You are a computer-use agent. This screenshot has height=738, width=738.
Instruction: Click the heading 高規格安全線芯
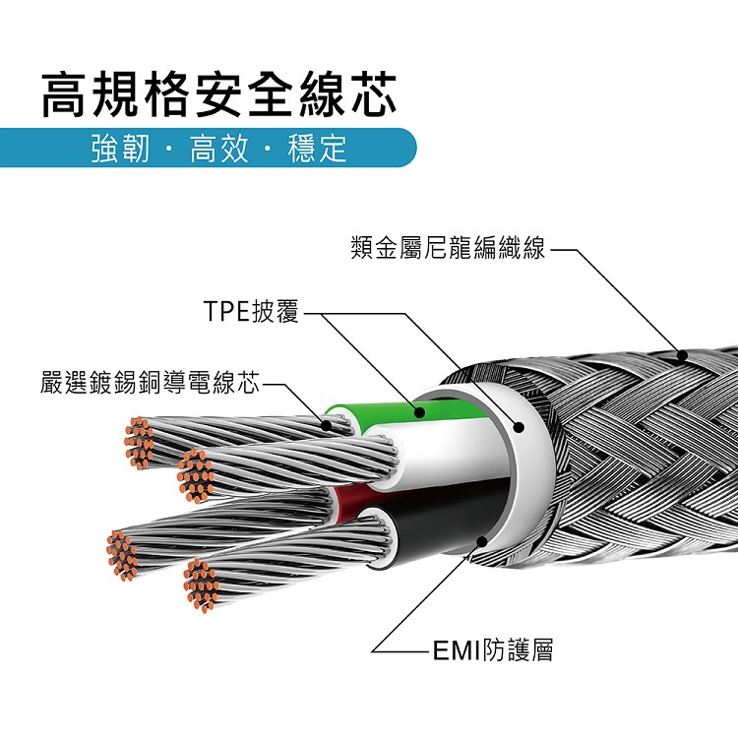(218, 97)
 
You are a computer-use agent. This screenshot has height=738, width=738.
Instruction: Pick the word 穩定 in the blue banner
(317, 150)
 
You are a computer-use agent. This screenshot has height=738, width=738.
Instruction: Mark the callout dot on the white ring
(521, 427)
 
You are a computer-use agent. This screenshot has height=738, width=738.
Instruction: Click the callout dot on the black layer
(480, 540)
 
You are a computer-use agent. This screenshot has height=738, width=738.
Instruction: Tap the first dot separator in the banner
(167, 151)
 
